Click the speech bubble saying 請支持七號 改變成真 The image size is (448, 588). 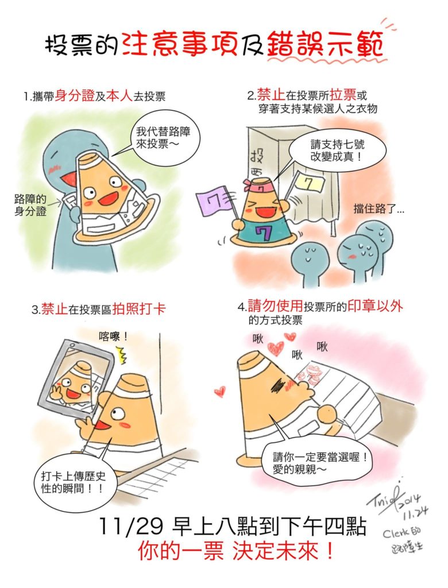click(337, 150)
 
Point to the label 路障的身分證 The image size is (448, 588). click(30, 205)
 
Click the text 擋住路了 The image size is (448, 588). click(379, 209)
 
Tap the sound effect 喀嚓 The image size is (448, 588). click(113, 336)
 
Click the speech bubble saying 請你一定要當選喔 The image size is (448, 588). click(318, 462)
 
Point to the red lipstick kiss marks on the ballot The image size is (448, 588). click(312, 373)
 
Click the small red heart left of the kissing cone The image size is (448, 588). click(219, 392)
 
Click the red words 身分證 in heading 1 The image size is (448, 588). click(74, 96)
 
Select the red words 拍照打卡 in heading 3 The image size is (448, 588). click(138, 310)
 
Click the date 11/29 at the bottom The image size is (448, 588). click(131, 527)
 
